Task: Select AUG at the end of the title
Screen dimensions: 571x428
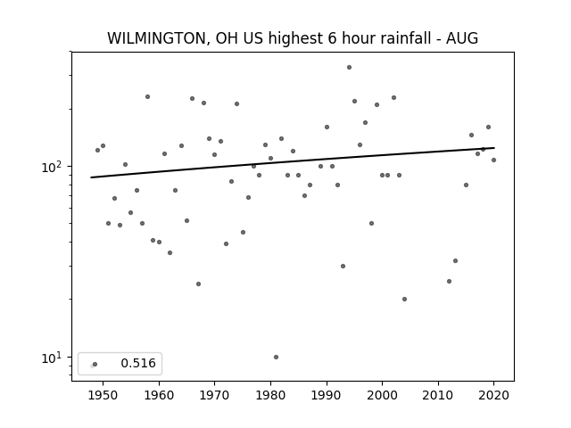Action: tap(462, 38)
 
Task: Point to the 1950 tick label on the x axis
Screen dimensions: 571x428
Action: tap(103, 395)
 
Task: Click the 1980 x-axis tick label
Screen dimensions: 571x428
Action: tap(270, 395)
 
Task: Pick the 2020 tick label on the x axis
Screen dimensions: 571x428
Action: tap(493, 395)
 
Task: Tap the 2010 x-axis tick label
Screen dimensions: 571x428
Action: tap(438, 395)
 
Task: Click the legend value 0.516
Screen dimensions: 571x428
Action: tap(138, 363)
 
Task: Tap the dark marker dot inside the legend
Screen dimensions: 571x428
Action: tap(95, 364)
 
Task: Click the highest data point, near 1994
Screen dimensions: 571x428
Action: tap(349, 68)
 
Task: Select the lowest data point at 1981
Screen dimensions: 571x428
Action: tap(276, 357)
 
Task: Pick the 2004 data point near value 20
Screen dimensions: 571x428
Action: tap(404, 300)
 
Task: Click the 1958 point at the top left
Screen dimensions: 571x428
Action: tap(147, 97)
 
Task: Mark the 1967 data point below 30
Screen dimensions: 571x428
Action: tap(198, 284)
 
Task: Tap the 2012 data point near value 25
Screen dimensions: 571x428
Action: tap(449, 282)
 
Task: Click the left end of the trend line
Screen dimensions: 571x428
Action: tap(91, 177)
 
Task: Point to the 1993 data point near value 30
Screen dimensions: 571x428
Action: tap(343, 266)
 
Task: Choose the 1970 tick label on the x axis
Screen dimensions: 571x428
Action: tap(214, 395)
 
